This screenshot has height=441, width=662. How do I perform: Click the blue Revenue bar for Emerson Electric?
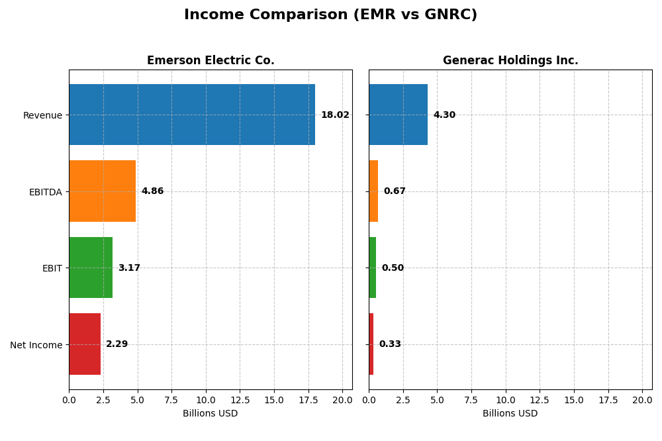[x=192, y=115]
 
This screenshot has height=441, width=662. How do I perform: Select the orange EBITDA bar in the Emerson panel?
[x=102, y=191]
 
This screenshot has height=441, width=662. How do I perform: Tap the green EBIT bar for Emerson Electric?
[x=91, y=268]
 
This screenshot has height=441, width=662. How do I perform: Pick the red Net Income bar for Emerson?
[x=85, y=344]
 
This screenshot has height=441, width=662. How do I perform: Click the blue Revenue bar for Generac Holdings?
[x=398, y=115]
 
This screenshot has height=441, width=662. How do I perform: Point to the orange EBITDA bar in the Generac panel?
[x=373, y=191]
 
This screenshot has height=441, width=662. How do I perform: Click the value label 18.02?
[x=335, y=115]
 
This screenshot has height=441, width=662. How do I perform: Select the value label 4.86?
[x=152, y=191]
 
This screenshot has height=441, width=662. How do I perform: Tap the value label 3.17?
[x=129, y=268]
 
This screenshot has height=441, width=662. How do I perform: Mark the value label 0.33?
[x=390, y=344]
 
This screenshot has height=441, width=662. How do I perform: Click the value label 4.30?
[x=444, y=115]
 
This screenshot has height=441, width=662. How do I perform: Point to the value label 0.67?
[x=395, y=191]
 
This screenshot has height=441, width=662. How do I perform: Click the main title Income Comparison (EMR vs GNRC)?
[x=330, y=15]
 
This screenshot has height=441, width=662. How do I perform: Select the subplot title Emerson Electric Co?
[x=211, y=61]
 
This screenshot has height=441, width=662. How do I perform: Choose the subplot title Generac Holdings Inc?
[x=510, y=61]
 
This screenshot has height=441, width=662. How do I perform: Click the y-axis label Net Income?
[x=36, y=345]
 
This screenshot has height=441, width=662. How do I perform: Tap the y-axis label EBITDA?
[x=45, y=192]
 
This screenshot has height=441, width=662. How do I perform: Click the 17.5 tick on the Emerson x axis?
[x=308, y=400]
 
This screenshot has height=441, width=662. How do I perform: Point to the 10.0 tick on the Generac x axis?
[x=506, y=400]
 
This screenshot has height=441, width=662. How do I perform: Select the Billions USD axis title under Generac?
[x=510, y=414]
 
